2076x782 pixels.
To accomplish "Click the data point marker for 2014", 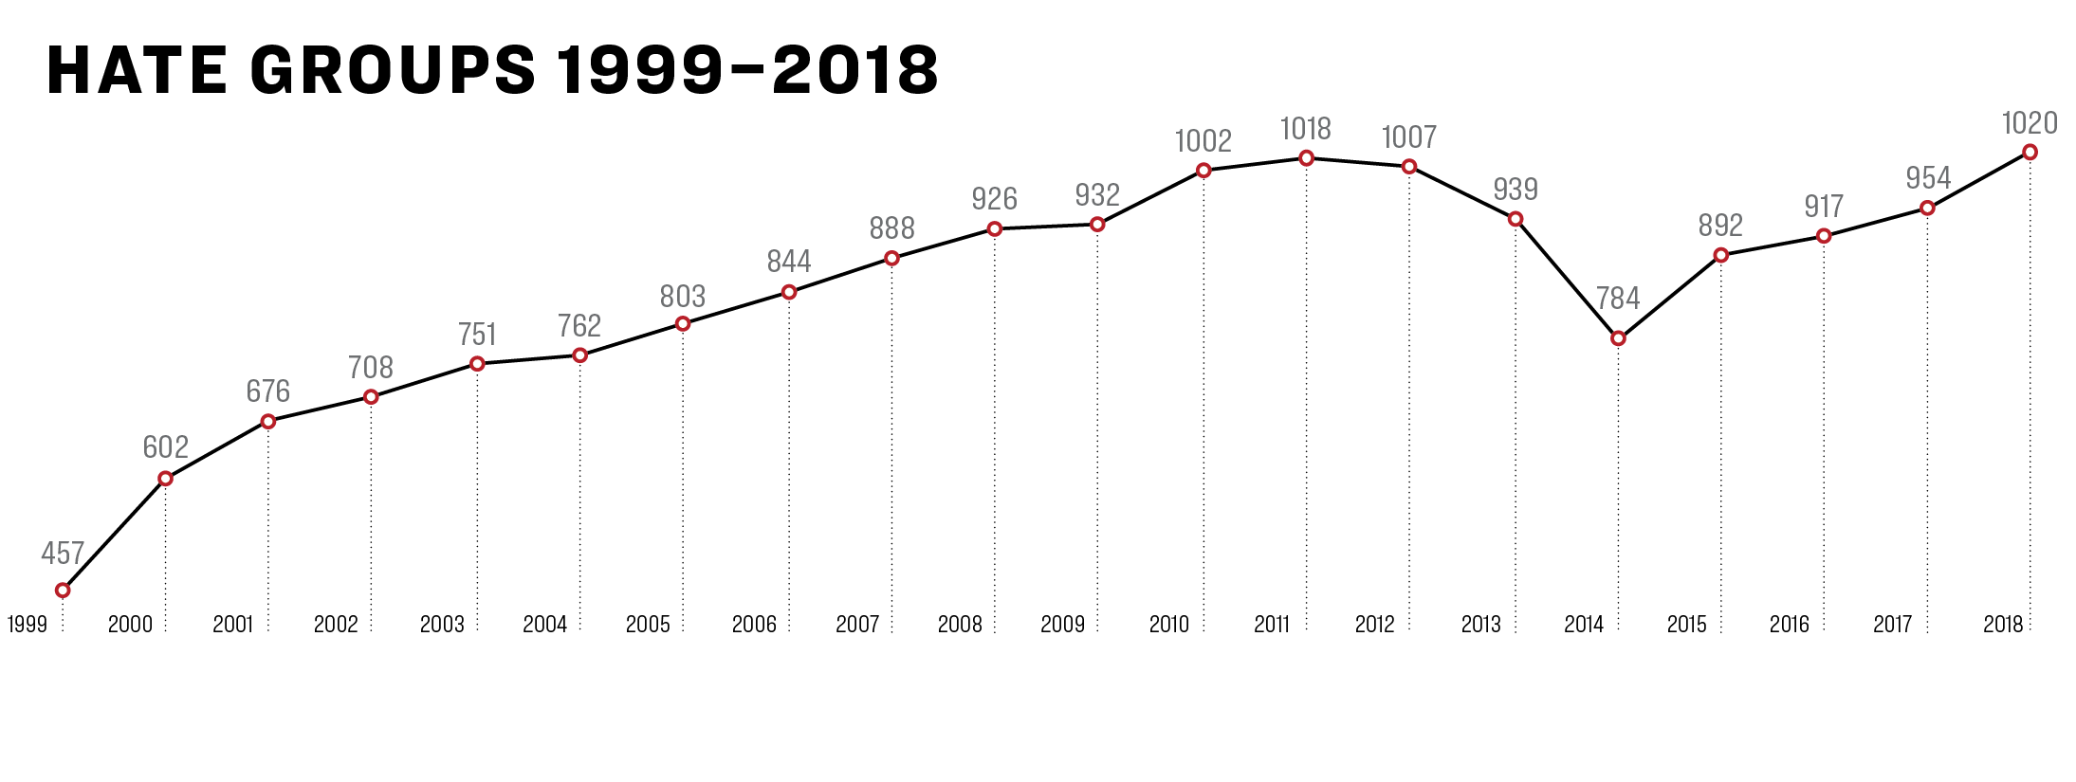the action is click(1618, 338).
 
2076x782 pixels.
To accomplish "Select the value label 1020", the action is click(2030, 123).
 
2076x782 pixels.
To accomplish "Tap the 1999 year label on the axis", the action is click(28, 624).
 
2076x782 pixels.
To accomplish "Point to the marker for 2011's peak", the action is click(1306, 158).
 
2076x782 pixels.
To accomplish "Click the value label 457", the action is click(63, 554).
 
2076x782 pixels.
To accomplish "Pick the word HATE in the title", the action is click(138, 70).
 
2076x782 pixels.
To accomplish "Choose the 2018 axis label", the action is click(2002, 624).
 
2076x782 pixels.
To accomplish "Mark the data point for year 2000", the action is click(165, 479).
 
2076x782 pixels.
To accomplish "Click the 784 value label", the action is click(1618, 299).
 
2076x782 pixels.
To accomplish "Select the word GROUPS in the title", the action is click(394, 70).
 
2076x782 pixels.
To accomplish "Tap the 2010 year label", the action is click(1168, 624).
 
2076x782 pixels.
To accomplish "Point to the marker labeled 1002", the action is click(1203, 171).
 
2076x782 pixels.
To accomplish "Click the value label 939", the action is click(1516, 190).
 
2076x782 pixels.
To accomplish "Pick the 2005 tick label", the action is click(648, 624).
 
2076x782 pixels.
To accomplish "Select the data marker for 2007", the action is click(891, 258).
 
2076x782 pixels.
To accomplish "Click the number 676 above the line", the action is click(268, 391).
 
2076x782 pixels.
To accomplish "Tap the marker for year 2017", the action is click(1927, 208).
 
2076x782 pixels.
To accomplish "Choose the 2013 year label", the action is click(1480, 624).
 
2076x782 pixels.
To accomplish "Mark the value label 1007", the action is click(1409, 137).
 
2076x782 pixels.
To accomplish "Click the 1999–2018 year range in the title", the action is click(747, 70).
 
